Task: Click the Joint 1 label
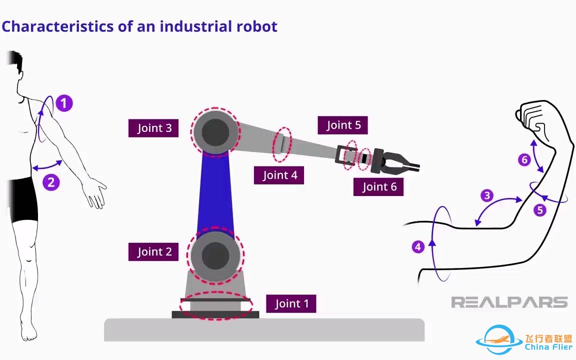[x=291, y=303]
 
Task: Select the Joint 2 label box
[x=154, y=252]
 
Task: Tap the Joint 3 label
[x=154, y=128]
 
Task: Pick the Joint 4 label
[x=279, y=175]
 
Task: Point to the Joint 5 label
[x=343, y=125]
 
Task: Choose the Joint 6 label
[x=379, y=186]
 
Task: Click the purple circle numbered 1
[x=64, y=103]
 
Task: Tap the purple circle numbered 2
[x=51, y=182]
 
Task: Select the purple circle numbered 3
[x=487, y=195]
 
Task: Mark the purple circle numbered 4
[x=418, y=246]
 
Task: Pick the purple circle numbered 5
[x=540, y=210]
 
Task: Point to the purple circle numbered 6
[x=524, y=160]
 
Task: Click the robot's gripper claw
[x=400, y=161]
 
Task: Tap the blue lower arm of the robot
[x=215, y=192]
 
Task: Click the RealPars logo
[x=509, y=302]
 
